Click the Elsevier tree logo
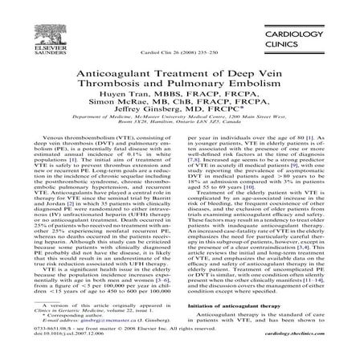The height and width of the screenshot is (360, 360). [x=37, y=29]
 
